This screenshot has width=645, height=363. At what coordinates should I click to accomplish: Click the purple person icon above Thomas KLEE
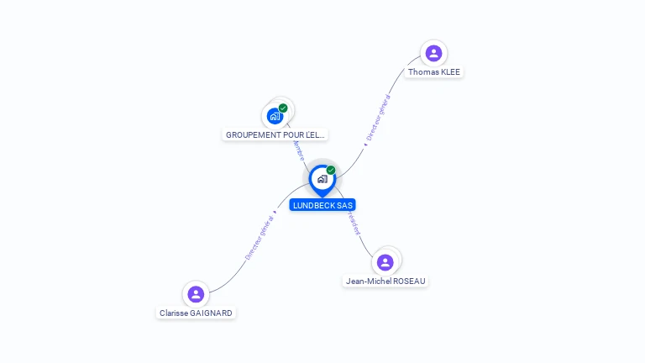pyautogui.click(x=433, y=54)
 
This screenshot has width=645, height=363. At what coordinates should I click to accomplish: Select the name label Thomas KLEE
pyautogui.click(x=433, y=72)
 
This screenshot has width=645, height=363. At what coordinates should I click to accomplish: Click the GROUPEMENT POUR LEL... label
pyautogui.click(x=275, y=134)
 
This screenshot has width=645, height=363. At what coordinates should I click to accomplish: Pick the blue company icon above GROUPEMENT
pyautogui.click(x=275, y=116)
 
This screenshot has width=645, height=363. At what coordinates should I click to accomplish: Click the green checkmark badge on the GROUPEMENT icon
pyautogui.click(x=283, y=108)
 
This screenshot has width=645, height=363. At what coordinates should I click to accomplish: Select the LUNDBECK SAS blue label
pyautogui.click(x=322, y=205)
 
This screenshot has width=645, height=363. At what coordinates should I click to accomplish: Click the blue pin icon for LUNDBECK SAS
pyautogui.click(x=322, y=179)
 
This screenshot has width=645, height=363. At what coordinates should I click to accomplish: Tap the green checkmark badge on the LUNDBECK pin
pyautogui.click(x=331, y=171)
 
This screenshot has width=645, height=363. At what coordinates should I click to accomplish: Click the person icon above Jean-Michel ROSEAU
pyautogui.click(x=385, y=261)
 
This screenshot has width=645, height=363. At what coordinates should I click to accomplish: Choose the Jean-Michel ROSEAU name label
pyautogui.click(x=385, y=281)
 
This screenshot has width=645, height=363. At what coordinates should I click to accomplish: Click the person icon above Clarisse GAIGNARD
pyautogui.click(x=196, y=294)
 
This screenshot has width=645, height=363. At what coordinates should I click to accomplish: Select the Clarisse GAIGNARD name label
pyautogui.click(x=196, y=313)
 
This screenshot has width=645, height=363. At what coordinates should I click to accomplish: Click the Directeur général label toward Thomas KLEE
pyautogui.click(x=378, y=118)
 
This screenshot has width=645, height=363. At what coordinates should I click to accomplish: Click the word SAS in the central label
pyautogui.click(x=345, y=205)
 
